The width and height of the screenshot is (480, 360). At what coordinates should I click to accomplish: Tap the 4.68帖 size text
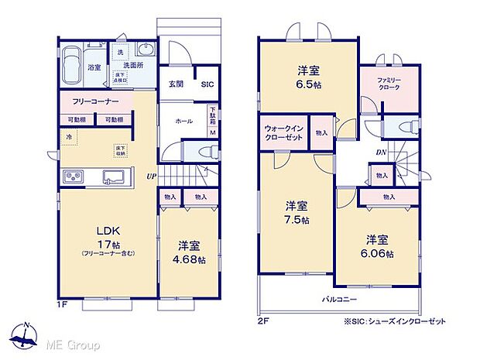coord(190,260)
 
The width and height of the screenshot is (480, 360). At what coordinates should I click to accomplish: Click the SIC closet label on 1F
coord(207,85)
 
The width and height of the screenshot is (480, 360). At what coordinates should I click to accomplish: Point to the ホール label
coord(183,122)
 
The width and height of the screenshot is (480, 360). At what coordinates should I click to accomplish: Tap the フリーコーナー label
coord(95,102)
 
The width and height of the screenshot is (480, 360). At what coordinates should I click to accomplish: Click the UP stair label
coord(152,177)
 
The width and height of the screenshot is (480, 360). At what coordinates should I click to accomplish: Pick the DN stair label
coord(381,153)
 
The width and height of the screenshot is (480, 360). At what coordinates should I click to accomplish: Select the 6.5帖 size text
coord(308,87)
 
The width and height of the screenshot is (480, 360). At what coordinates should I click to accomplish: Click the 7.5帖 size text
coord(296,220)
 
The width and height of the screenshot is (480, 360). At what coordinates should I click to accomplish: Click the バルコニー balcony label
coord(339,298)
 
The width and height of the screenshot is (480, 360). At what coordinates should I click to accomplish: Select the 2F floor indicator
coord(262,319)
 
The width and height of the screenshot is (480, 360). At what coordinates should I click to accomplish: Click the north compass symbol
coord(27,335)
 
